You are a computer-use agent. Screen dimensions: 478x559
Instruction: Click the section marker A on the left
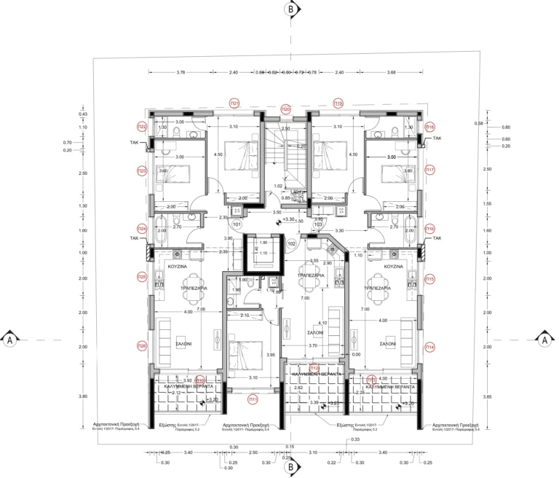click(10, 339)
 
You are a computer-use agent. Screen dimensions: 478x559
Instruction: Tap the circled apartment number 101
click(237, 225)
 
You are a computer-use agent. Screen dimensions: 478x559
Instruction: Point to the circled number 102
click(292, 243)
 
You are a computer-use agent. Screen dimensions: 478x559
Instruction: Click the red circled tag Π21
click(234, 103)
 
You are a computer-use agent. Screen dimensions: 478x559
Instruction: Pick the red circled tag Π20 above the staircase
click(286, 109)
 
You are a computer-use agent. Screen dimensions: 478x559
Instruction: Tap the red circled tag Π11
click(253, 399)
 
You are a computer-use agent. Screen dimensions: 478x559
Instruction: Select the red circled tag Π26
click(142, 346)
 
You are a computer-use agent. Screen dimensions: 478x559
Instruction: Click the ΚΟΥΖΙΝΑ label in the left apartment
click(178, 267)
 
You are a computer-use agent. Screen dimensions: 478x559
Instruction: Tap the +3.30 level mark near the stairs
click(288, 219)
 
